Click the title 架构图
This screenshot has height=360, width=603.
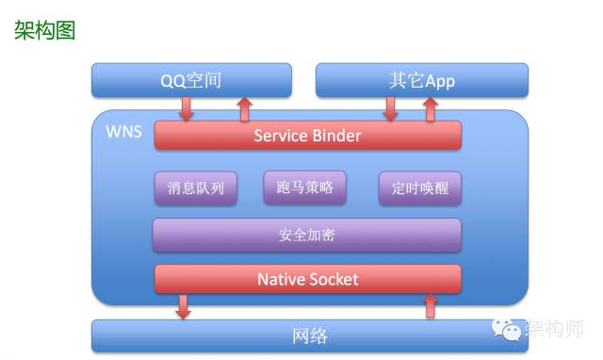click(x=44, y=30)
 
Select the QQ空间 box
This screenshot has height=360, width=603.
click(x=190, y=80)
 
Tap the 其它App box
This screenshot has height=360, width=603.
click(x=421, y=80)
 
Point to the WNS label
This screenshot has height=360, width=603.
click(x=123, y=131)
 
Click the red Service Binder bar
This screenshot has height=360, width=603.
click(x=307, y=136)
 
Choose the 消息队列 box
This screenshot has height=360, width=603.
click(x=195, y=188)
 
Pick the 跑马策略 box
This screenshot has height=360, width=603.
click(x=304, y=187)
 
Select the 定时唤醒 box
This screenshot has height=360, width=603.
click(x=419, y=188)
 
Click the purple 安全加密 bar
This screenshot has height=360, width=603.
click(x=307, y=235)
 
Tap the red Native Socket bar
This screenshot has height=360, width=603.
click(x=307, y=279)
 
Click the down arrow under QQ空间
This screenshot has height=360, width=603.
click(x=186, y=108)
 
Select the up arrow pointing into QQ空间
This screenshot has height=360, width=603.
click(x=244, y=108)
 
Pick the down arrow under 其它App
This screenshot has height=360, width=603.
click(x=390, y=108)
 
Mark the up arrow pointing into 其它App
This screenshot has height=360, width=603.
click(x=431, y=108)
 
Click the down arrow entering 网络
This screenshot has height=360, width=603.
click(x=184, y=306)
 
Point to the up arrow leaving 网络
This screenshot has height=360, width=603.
click(x=432, y=305)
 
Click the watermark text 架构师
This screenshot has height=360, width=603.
click(x=555, y=329)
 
